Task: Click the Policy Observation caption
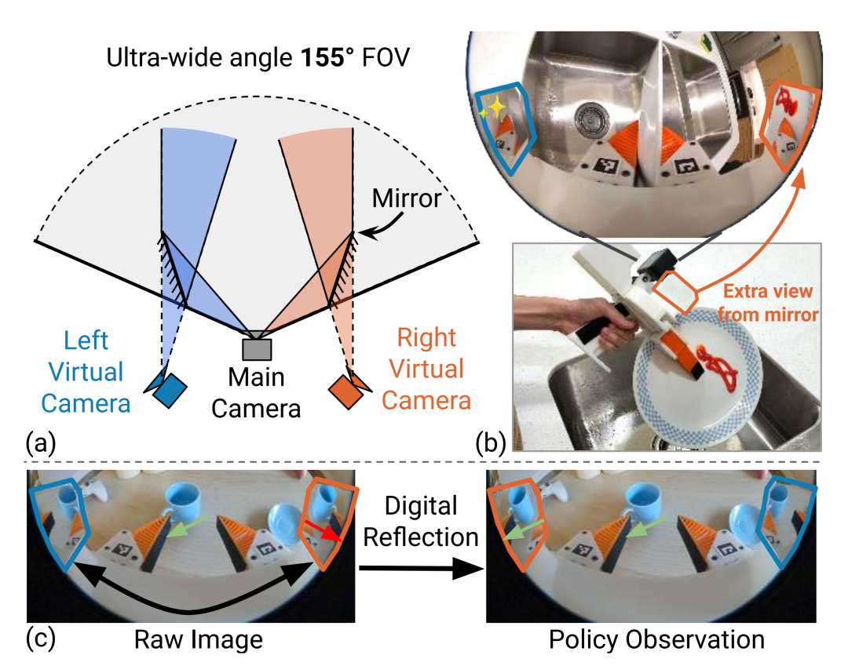[656, 639]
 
